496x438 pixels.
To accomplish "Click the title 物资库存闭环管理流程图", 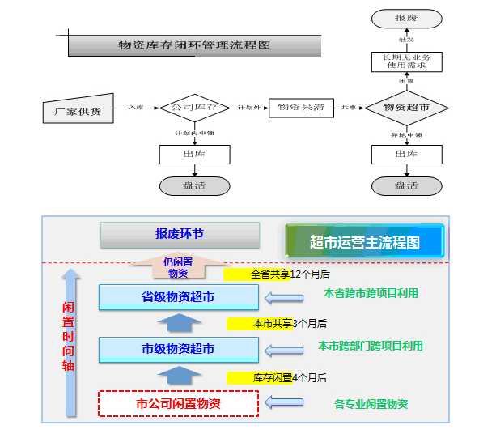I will click(x=194, y=45).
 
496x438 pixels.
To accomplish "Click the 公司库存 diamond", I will click(x=194, y=107).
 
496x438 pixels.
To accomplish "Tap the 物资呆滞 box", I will click(x=301, y=107).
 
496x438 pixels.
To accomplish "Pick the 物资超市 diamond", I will click(x=406, y=107).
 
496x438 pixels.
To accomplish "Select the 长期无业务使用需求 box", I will click(x=406, y=61).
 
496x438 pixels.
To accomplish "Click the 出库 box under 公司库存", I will click(x=194, y=154).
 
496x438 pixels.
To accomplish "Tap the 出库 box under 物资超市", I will click(x=406, y=154).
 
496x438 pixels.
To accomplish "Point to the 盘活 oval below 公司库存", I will click(x=194, y=185).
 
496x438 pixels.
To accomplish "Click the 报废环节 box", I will click(x=180, y=235).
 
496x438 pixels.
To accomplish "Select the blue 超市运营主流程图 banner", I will click(x=365, y=242).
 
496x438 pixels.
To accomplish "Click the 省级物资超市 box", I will click(x=178, y=297).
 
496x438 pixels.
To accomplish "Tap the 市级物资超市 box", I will click(x=178, y=349).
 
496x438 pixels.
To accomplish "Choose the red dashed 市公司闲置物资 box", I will click(x=178, y=403).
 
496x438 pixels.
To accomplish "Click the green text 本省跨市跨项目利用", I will click(x=371, y=293).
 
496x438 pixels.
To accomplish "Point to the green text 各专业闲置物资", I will click(x=371, y=403).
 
